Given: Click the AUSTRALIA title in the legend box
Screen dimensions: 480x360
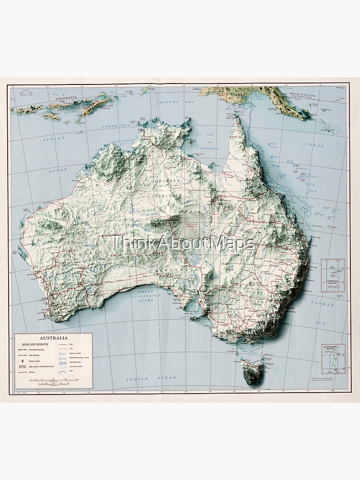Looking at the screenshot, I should [53, 338].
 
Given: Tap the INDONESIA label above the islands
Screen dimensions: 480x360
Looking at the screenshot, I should [66, 99].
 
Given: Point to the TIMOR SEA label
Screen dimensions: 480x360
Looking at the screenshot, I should [114, 126].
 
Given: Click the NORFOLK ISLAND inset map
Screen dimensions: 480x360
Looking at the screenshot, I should [333, 275].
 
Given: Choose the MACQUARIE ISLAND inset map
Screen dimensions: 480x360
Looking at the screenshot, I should [333, 359].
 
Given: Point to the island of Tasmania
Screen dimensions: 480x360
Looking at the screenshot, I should [252, 369].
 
